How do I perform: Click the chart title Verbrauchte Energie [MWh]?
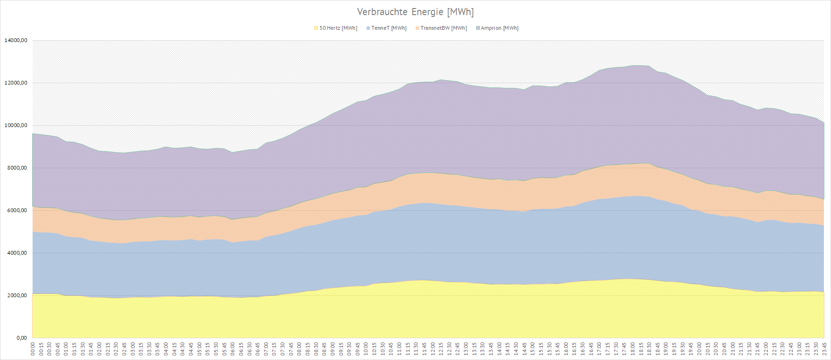[x=415, y=12]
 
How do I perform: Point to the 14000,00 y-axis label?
[x=16, y=41]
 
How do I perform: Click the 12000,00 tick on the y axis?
[x=16, y=83]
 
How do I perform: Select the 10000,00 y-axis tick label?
[x=16, y=126]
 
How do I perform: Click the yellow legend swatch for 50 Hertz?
[x=316, y=28]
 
